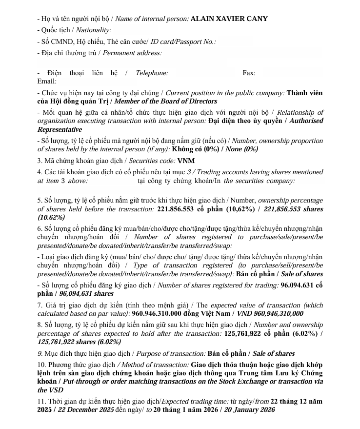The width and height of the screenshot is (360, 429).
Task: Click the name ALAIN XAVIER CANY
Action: (229, 19)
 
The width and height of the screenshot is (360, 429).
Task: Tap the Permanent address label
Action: (132, 53)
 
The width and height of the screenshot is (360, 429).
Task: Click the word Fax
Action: (249, 73)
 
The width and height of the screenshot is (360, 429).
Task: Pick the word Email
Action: (47, 82)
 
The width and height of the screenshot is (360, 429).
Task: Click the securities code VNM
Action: (186, 161)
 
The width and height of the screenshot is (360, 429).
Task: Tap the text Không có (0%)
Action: (197, 149)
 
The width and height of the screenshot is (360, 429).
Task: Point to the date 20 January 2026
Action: (249, 410)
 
